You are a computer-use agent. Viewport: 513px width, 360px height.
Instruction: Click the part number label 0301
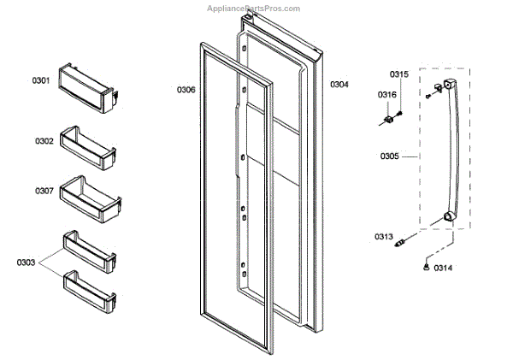42,80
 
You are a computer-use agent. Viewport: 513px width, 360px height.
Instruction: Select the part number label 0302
44,140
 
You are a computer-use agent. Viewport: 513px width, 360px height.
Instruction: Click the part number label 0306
186,89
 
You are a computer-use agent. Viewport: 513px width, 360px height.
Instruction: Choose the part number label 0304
339,84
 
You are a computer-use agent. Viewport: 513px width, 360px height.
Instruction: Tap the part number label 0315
399,74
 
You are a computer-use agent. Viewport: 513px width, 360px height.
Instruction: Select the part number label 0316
387,94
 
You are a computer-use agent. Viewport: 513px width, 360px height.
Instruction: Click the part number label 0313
383,236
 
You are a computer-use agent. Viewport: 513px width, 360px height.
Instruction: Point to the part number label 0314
443,269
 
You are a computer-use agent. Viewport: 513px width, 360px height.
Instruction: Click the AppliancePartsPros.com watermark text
254,9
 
